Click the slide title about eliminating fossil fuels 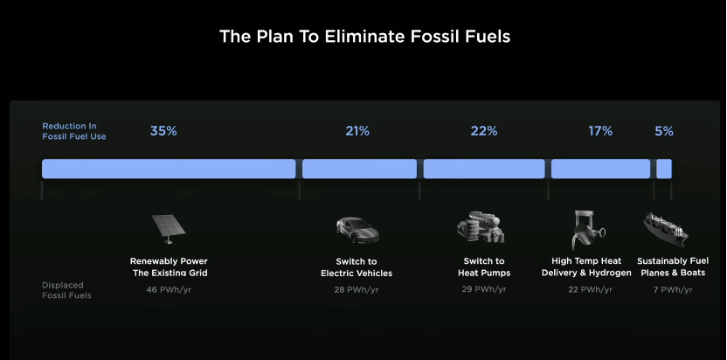[x=364, y=36]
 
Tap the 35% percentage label [x=163, y=131]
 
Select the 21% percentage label [x=357, y=131]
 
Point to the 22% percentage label [x=484, y=131]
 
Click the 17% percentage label [x=600, y=131]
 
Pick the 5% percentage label [x=664, y=131]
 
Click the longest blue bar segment [x=169, y=169]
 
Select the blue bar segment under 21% [x=359, y=169]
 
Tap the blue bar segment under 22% [x=484, y=169]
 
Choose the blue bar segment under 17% [x=600, y=169]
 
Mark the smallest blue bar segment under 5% [x=664, y=169]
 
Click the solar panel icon [x=169, y=229]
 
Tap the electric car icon [x=357, y=230]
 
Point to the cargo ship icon [x=666, y=229]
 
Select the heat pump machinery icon [x=481, y=227]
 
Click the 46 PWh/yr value [x=169, y=290]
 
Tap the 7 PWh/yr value [x=673, y=290]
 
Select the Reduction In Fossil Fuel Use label [x=74, y=131]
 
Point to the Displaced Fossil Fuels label [x=66, y=290]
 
